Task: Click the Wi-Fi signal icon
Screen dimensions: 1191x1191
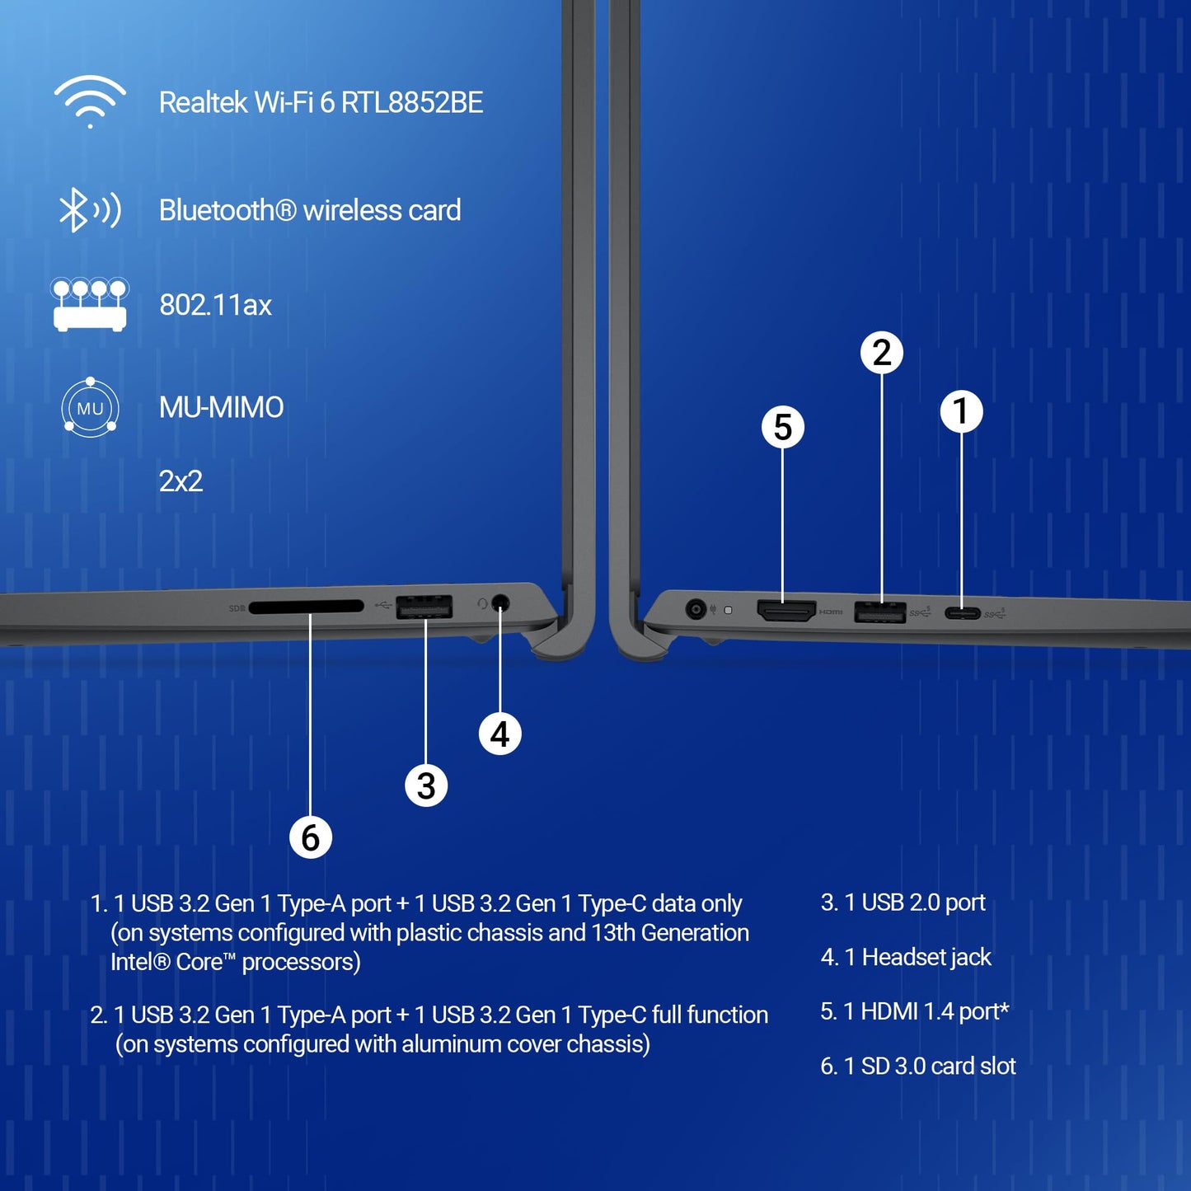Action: tap(90, 101)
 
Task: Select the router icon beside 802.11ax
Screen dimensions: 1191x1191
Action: tap(90, 304)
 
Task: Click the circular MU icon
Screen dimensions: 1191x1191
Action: tap(90, 407)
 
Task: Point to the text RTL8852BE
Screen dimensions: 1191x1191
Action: tap(412, 102)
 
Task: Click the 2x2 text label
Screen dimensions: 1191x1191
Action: tap(181, 481)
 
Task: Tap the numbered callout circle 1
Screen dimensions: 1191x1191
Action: tap(961, 410)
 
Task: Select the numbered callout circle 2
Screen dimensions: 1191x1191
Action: tap(881, 353)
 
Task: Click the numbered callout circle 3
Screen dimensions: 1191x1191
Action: tap(426, 785)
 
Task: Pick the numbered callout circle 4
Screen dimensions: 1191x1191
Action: tap(499, 734)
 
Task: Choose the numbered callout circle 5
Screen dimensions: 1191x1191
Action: tap(782, 427)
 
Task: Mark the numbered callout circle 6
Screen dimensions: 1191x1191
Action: tap(310, 837)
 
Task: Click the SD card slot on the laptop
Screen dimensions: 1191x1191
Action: tap(306, 607)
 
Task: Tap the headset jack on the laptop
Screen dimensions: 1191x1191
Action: tap(499, 603)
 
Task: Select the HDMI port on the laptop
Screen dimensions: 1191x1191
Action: tap(786, 611)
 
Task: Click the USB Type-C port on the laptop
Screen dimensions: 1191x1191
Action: tap(962, 612)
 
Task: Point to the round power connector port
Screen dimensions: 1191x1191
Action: tap(696, 610)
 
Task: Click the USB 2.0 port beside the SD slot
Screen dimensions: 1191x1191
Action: tap(424, 607)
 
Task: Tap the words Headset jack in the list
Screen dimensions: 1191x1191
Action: tap(926, 957)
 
